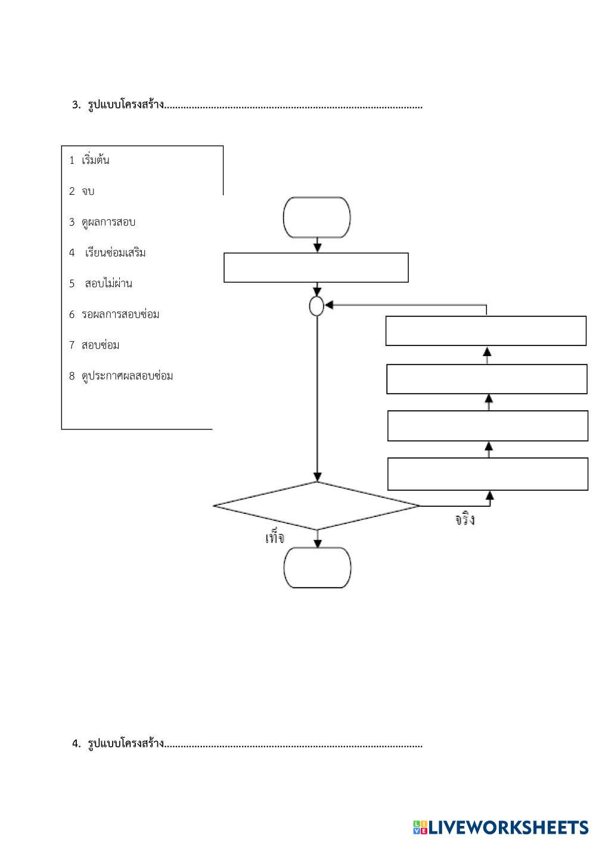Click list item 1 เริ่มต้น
click(x=89, y=160)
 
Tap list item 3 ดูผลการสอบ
click(x=102, y=222)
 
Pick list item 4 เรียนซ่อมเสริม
click(x=108, y=253)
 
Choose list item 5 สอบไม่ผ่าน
click(x=101, y=283)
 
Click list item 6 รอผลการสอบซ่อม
click(x=114, y=314)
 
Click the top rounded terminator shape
click(x=316, y=217)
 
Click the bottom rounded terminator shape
click(x=317, y=567)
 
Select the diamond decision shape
click(x=316, y=506)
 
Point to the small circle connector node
click(x=316, y=306)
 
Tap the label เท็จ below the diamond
click(x=275, y=538)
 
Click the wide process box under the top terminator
click(x=316, y=267)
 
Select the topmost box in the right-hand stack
click(x=486, y=331)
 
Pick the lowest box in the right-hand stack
click(x=488, y=474)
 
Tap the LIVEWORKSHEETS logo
click(x=500, y=827)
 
